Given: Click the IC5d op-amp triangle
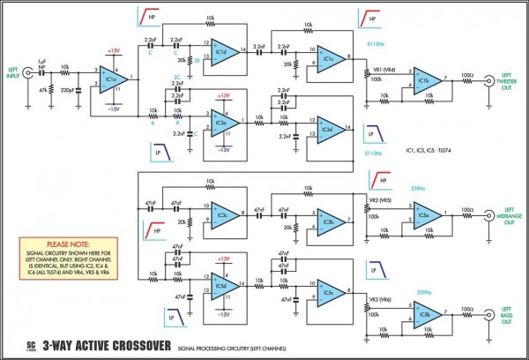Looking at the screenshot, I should (x=223, y=288).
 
